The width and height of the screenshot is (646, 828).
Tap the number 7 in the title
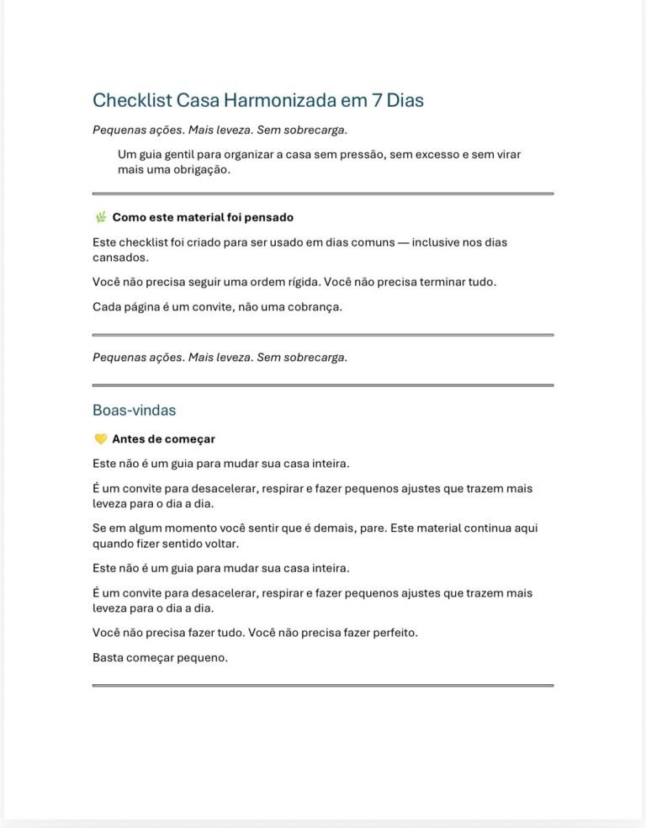pyautogui.click(x=375, y=100)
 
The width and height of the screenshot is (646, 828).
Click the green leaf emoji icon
pyautogui.click(x=101, y=217)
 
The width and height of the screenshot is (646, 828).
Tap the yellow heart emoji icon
pyautogui.click(x=101, y=438)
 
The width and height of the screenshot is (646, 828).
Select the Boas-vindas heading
pyautogui.click(x=135, y=410)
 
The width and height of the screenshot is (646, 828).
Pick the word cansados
pyautogui.click(x=119, y=257)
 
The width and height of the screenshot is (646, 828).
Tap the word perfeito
pyautogui.click(x=389, y=633)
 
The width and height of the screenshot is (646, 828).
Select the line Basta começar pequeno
pyautogui.click(x=160, y=658)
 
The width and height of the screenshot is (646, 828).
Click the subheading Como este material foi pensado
pyautogui.click(x=203, y=217)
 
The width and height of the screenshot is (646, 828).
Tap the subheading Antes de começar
pyautogui.click(x=163, y=438)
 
